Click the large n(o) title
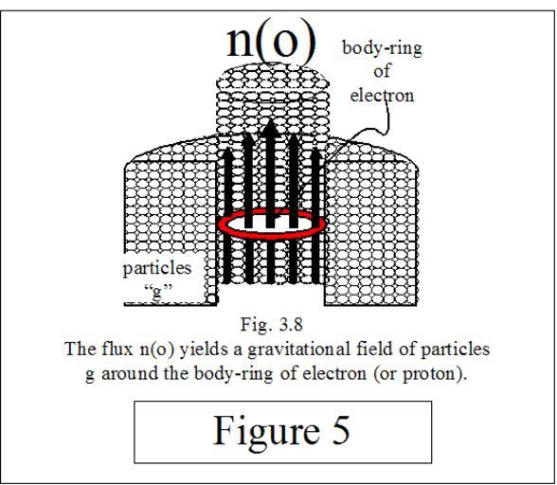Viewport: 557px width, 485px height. (271, 43)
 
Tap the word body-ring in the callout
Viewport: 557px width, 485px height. (382, 48)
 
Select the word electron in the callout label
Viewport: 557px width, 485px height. (383, 96)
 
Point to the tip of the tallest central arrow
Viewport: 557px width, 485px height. (270, 119)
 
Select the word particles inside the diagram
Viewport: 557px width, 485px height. (157, 269)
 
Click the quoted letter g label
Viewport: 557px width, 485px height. (157, 292)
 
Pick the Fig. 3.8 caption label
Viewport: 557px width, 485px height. (272, 324)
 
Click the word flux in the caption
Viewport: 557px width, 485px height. (117, 349)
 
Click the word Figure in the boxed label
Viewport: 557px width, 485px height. (266, 431)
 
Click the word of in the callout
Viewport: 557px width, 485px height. (382, 71)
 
